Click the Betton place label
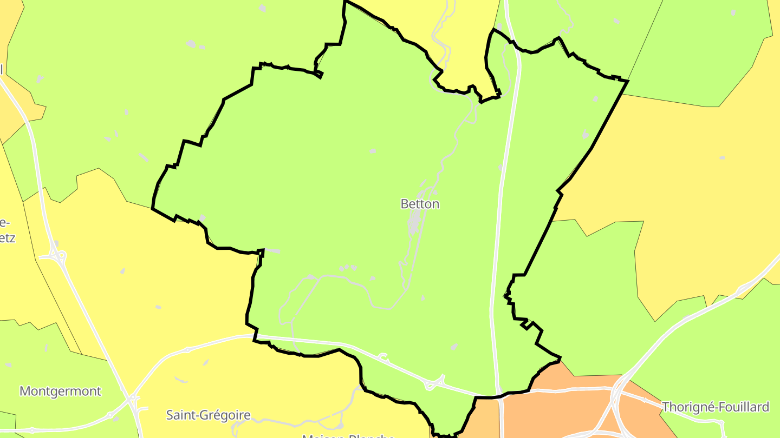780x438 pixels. (420, 204)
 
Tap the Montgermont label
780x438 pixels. (60, 391)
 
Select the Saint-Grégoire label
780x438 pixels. (208, 415)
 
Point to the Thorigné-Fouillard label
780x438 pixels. (716, 407)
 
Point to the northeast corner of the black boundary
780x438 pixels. (627, 81)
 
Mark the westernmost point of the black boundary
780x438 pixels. (153, 208)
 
